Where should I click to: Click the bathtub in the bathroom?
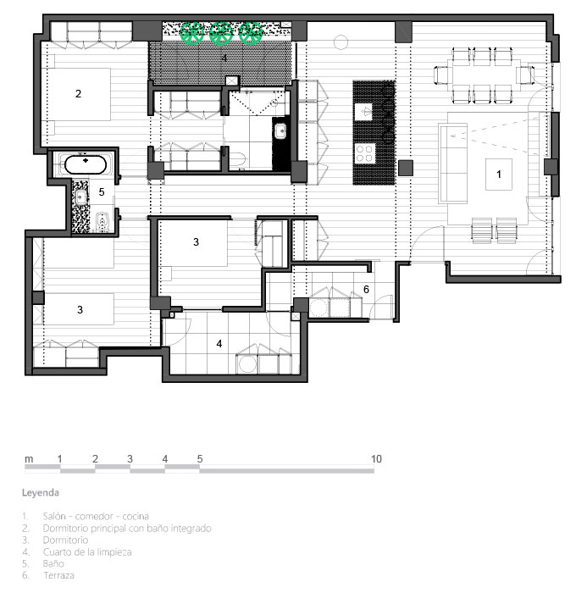coord(85,164)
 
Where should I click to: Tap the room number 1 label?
coord(498,174)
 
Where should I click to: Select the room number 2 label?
coord(78,93)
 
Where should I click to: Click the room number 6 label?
coord(366,290)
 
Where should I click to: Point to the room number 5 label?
coord(102,191)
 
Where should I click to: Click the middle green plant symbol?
coord(221,33)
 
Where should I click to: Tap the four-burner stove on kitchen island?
coord(365,153)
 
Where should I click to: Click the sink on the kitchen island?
coord(364,112)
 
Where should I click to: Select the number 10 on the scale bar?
coord(376,459)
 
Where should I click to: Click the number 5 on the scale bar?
coord(200,459)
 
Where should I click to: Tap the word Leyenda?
coord(41,492)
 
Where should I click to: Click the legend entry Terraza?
coord(58,575)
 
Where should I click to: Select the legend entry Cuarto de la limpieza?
coord(87,551)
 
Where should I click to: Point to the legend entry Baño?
coord(53,563)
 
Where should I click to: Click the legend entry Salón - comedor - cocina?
coord(96,516)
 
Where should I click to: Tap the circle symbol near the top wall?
coord(341,42)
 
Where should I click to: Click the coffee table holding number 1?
coord(499,175)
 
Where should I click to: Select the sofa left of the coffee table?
coord(452,163)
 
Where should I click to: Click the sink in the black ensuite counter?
coord(280,131)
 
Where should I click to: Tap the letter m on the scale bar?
coord(29,459)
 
